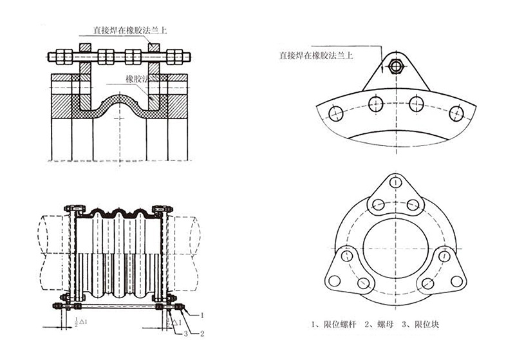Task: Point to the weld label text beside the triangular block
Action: coord(315,56)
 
